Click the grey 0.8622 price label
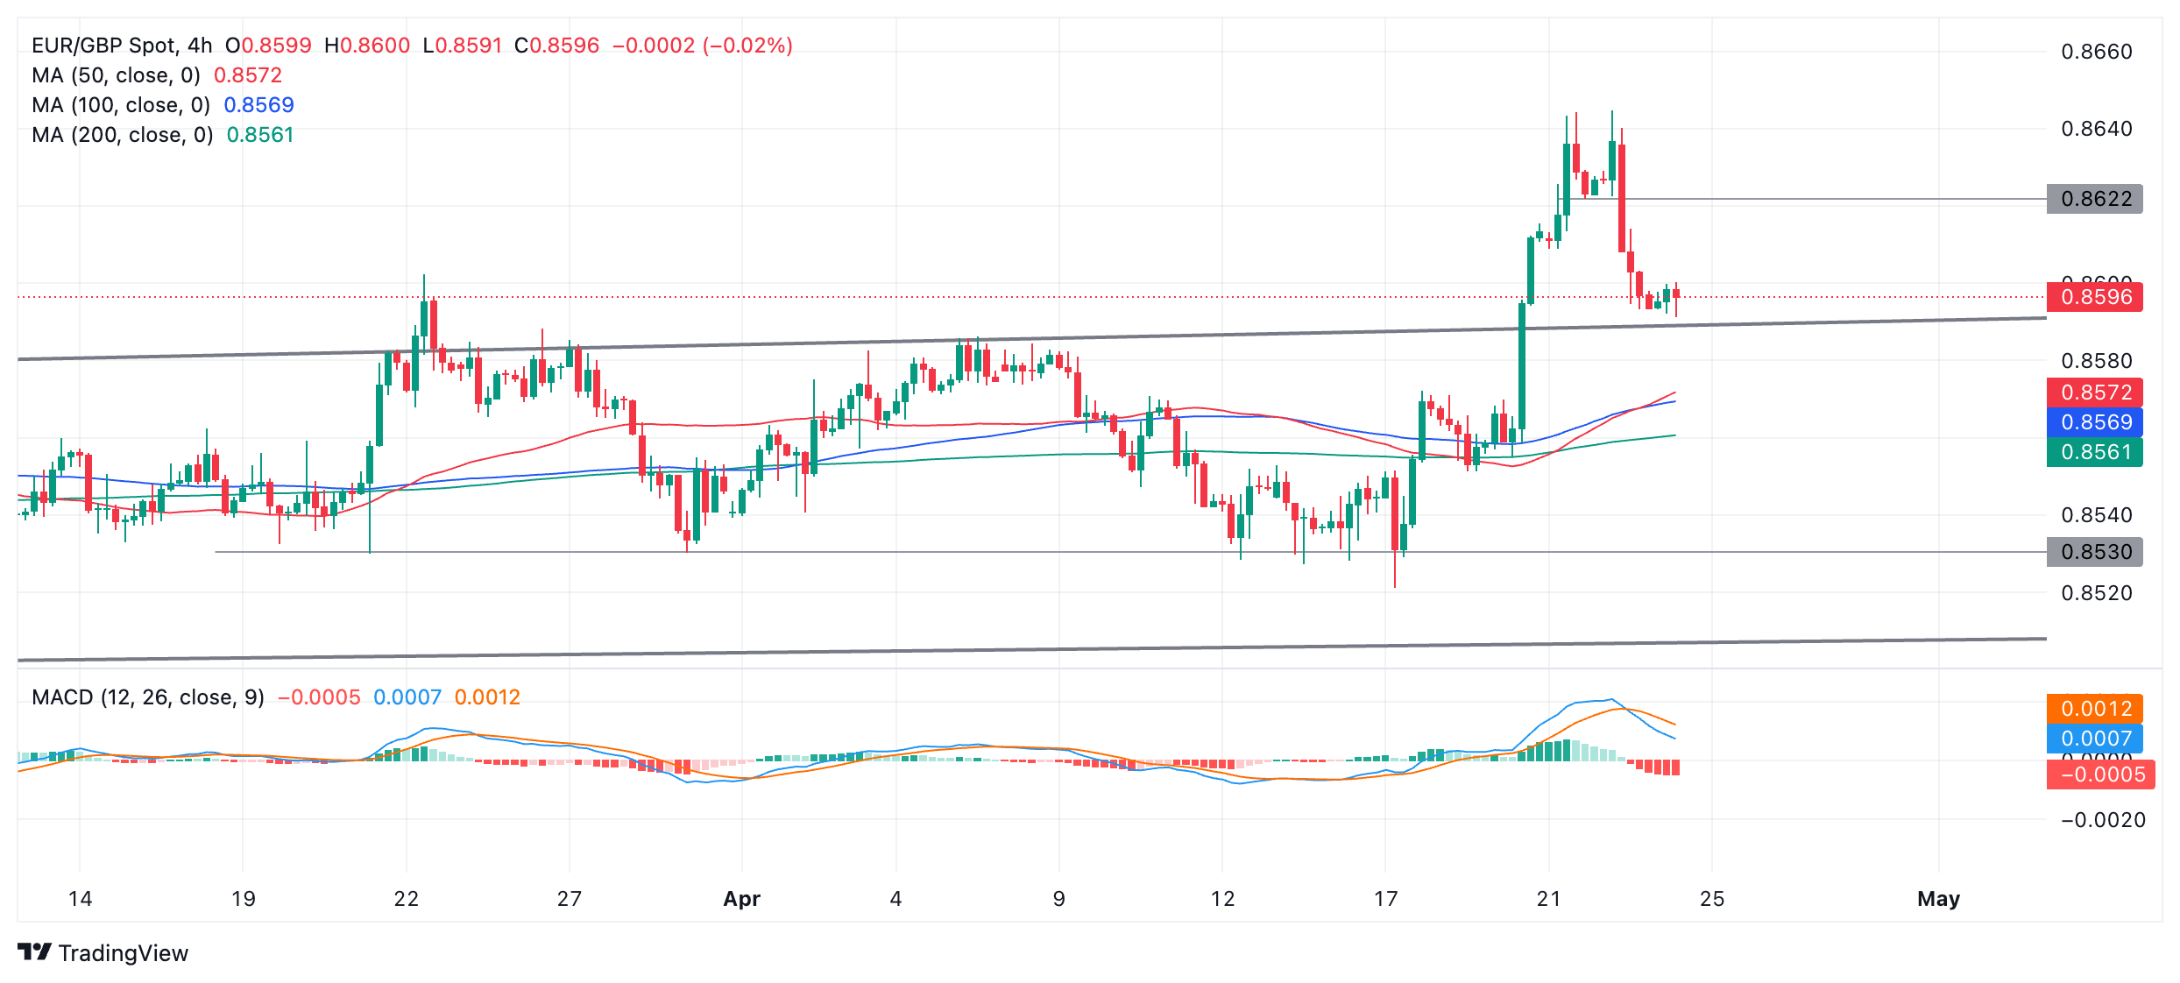pos(2094,199)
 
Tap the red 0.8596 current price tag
pos(2094,297)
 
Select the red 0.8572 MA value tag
pos(2094,392)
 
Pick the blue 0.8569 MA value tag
pos(2094,422)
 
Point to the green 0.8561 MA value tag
pos(2094,452)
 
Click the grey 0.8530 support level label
pos(2094,552)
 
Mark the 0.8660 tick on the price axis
pos(2096,52)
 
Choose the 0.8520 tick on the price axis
pos(2096,593)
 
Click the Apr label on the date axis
pos(741,899)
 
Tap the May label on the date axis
pos(1938,899)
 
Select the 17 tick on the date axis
pos(1385,899)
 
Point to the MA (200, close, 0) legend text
pos(123,135)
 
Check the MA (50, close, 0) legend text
pos(116,75)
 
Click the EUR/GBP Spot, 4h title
pos(122,46)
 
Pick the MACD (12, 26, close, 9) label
pos(148,697)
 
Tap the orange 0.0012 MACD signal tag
pos(2094,709)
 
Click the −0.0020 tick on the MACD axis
pos(2103,820)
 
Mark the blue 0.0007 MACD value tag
pos(2094,739)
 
